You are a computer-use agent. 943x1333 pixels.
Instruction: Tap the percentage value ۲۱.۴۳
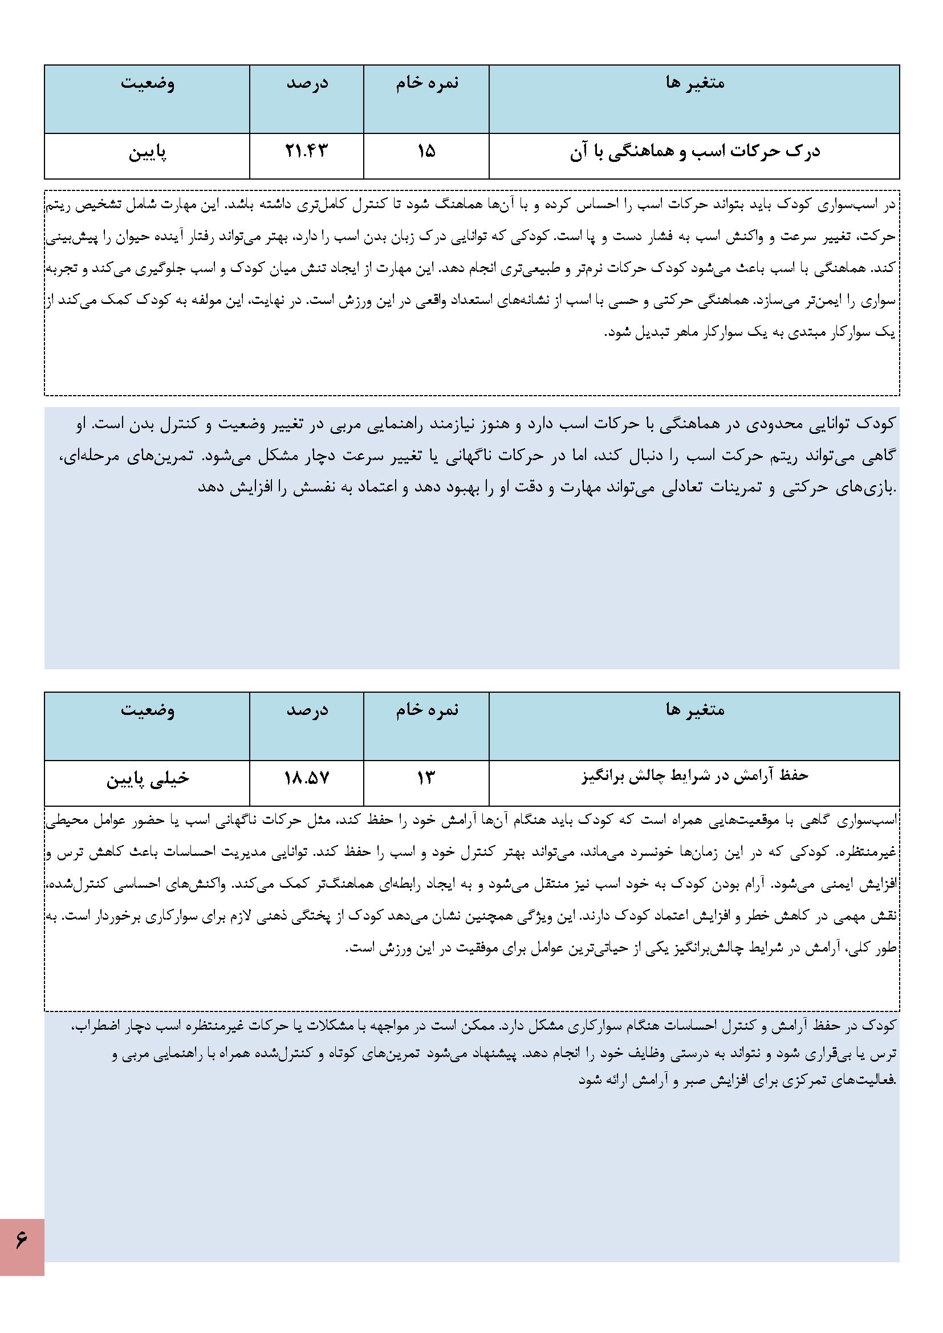[x=306, y=152]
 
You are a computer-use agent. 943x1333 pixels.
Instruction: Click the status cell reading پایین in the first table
[x=147, y=153]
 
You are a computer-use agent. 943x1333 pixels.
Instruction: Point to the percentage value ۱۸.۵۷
[x=306, y=778]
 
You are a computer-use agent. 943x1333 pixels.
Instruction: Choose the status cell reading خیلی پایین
[x=148, y=779]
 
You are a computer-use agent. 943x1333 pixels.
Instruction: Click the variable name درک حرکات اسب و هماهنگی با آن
[x=694, y=153]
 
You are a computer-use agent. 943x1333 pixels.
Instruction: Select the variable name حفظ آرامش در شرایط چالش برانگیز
[x=694, y=776]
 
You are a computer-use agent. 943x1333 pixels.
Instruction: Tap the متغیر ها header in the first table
[x=694, y=83]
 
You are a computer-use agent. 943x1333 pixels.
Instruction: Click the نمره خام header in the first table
[x=427, y=83]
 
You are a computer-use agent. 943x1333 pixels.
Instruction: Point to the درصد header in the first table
[x=307, y=83]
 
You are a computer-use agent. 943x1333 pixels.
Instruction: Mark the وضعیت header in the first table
[x=148, y=83]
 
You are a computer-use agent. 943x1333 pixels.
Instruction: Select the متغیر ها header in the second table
[x=694, y=710]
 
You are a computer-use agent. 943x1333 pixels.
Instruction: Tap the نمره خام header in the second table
[x=427, y=710]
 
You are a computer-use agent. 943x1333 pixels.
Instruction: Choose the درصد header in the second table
[x=307, y=710]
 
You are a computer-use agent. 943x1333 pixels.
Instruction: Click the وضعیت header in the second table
[x=148, y=710]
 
